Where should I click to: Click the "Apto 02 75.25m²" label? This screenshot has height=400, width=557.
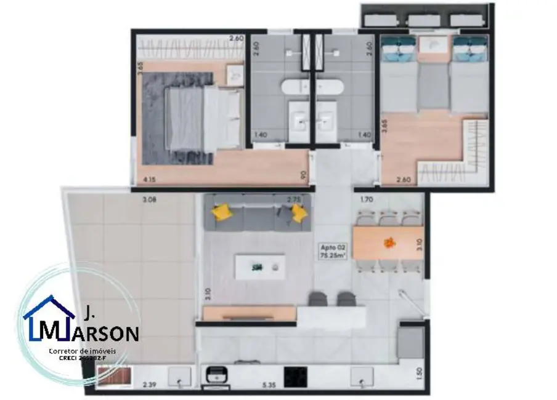point(332,252)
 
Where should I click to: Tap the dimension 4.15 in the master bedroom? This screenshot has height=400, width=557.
point(148,180)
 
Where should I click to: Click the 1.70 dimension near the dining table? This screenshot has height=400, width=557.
point(367,199)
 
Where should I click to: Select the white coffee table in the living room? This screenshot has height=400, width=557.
point(259,267)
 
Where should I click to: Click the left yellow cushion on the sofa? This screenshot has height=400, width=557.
point(222,212)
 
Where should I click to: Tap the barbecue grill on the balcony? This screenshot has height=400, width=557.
point(113,376)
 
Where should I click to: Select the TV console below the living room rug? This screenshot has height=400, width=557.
point(250,314)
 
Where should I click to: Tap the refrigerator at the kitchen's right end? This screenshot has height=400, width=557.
point(410,343)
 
